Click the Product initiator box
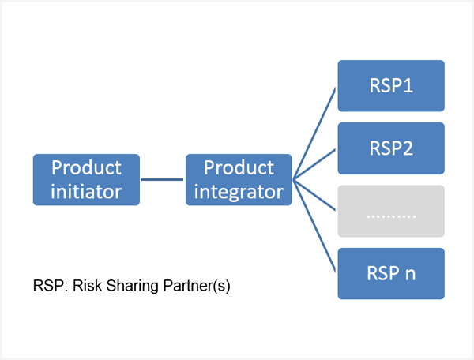pyautogui.click(x=86, y=180)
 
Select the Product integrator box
pyautogui.click(x=239, y=180)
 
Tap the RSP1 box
pyautogui.click(x=391, y=86)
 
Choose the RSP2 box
pyautogui.click(x=391, y=148)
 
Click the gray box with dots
pyautogui.click(x=391, y=211)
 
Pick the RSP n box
pyautogui.click(x=391, y=274)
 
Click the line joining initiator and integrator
pyautogui.click(x=162, y=180)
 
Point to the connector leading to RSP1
pyautogui.click(x=314, y=133)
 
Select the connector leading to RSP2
pyautogui.click(x=314, y=164)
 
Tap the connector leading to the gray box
pyautogui.click(x=314, y=195)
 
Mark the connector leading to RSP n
pyautogui.click(x=314, y=226)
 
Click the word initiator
pyautogui.click(x=86, y=192)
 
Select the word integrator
pyautogui.click(x=239, y=193)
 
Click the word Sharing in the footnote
pyautogui.click(x=133, y=286)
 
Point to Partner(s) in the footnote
pyautogui.click(x=197, y=286)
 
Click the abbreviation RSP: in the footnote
pyautogui.click(x=51, y=286)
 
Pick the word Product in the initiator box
pyautogui.click(x=86, y=167)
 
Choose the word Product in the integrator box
pyautogui.click(x=239, y=167)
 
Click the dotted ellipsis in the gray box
pyautogui.click(x=391, y=216)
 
